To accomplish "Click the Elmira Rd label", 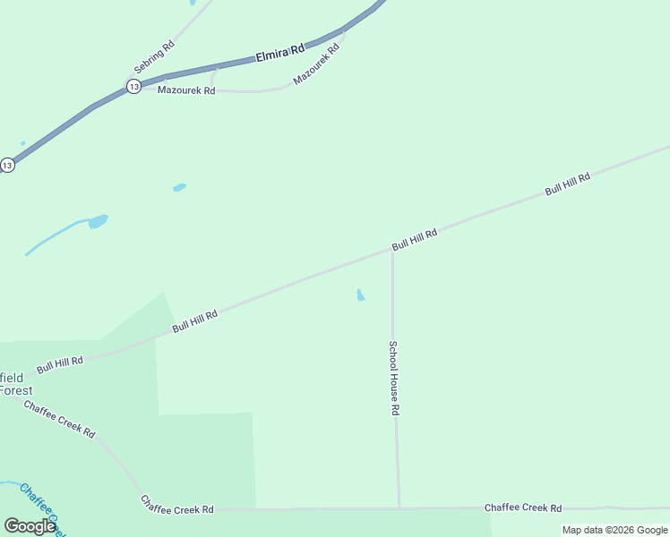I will pos(280,53).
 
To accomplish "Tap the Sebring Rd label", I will pos(154,57).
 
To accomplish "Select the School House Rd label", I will pos(393,377).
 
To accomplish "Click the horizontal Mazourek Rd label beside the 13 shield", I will pos(186,90).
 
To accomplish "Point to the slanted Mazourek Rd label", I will pos(316,64).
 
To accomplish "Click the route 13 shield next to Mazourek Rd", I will pos(133,86).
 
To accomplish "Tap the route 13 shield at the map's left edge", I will pos(7,165).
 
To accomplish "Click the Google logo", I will pos(30,525).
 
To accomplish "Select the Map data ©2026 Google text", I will pos(615,530).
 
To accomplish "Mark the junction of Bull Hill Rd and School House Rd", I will pos(392,251).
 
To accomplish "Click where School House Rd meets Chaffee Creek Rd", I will pos(399,508).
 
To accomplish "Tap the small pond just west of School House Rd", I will pos(360,294).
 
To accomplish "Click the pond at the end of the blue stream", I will pos(98,221).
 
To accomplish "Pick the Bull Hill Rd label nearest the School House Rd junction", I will pos(414,240).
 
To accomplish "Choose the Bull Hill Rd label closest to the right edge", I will pos(568,185).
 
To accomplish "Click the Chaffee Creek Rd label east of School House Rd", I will pos(523,507).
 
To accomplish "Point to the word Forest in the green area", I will pos(15,390).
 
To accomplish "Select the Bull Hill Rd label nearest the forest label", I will pos(60,365).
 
